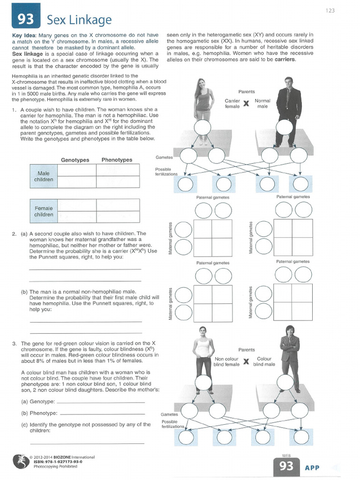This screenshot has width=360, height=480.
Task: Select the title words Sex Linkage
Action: (x=79, y=20)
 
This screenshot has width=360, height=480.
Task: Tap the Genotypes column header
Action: (x=75, y=160)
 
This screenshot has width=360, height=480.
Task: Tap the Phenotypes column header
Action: (x=117, y=160)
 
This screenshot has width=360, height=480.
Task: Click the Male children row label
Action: (x=44, y=176)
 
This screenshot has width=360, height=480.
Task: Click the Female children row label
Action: (x=44, y=211)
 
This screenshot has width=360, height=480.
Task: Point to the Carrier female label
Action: (x=232, y=104)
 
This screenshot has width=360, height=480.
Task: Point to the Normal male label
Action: (x=262, y=104)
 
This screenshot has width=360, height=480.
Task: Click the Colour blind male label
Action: (x=264, y=361)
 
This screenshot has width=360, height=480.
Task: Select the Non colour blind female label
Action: (x=226, y=361)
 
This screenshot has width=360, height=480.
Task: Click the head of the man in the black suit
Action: (x=288, y=82)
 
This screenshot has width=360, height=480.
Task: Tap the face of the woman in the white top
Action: (x=202, y=331)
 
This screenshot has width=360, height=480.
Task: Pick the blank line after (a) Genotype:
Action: (x=100, y=402)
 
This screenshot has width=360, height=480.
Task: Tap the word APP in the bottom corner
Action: (x=313, y=467)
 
